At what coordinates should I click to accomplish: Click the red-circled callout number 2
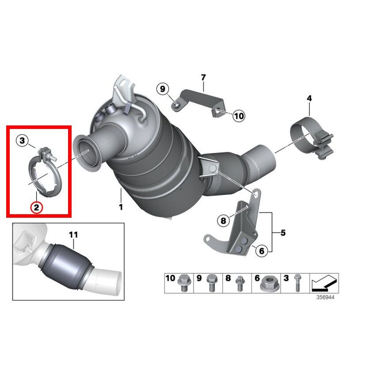[x=37, y=207]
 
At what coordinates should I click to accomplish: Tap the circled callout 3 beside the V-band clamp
[x=23, y=140]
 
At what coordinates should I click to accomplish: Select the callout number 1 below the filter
[x=121, y=207]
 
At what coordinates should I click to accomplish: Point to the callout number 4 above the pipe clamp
[x=309, y=98]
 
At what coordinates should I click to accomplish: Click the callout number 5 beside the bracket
[x=283, y=233]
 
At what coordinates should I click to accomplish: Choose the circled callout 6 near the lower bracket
[x=262, y=250]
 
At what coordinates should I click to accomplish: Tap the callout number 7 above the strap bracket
[x=203, y=77]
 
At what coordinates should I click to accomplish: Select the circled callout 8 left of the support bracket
[x=223, y=220]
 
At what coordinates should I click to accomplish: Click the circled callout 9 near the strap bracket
[x=163, y=89]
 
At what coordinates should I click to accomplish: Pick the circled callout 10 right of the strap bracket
[x=239, y=116]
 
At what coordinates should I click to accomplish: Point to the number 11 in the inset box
[x=73, y=235]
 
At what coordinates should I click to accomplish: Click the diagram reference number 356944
[x=325, y=297]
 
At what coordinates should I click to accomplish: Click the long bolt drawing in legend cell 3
[x=297, y=283]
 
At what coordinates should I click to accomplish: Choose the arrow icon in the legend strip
[x=324, y=283]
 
